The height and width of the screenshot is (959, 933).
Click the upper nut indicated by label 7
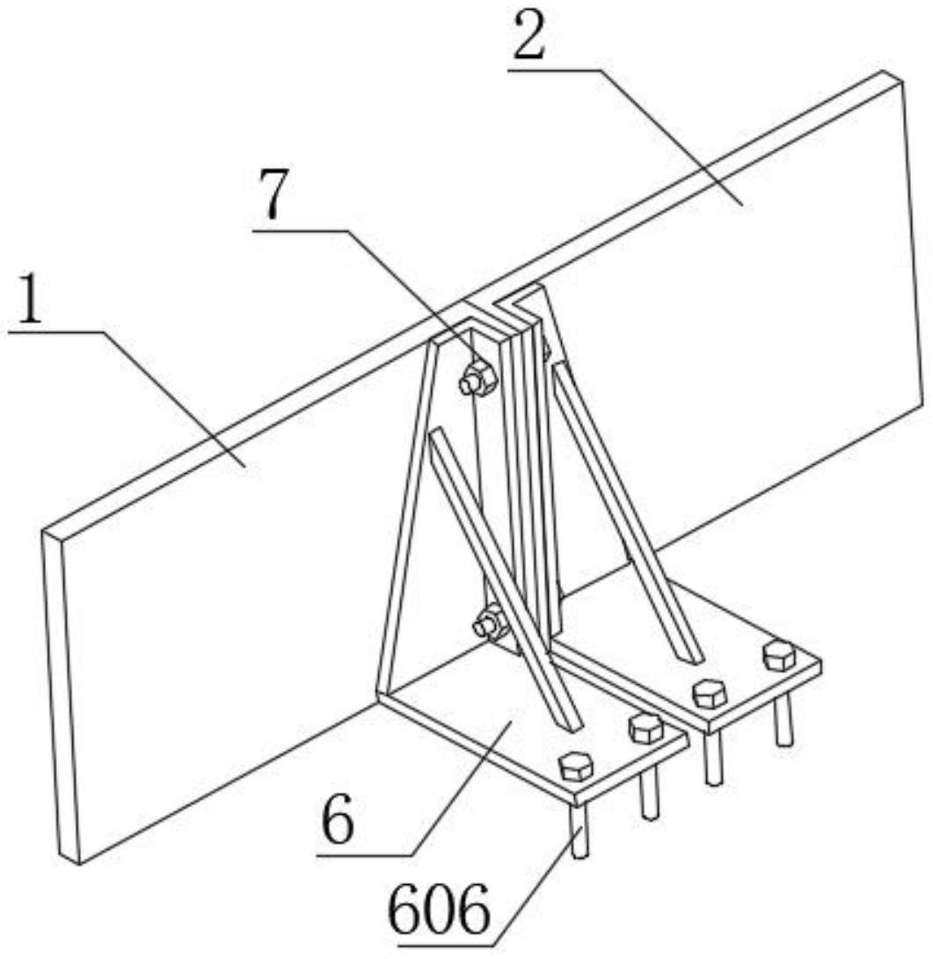[477, 377]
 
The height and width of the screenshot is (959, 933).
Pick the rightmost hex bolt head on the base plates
[779, 655]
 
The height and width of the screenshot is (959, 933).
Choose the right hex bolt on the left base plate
[645, 728]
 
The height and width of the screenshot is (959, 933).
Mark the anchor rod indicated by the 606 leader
[580, 830]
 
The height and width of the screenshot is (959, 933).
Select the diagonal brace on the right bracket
[628, 512]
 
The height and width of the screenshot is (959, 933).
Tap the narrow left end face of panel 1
[62, 696]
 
